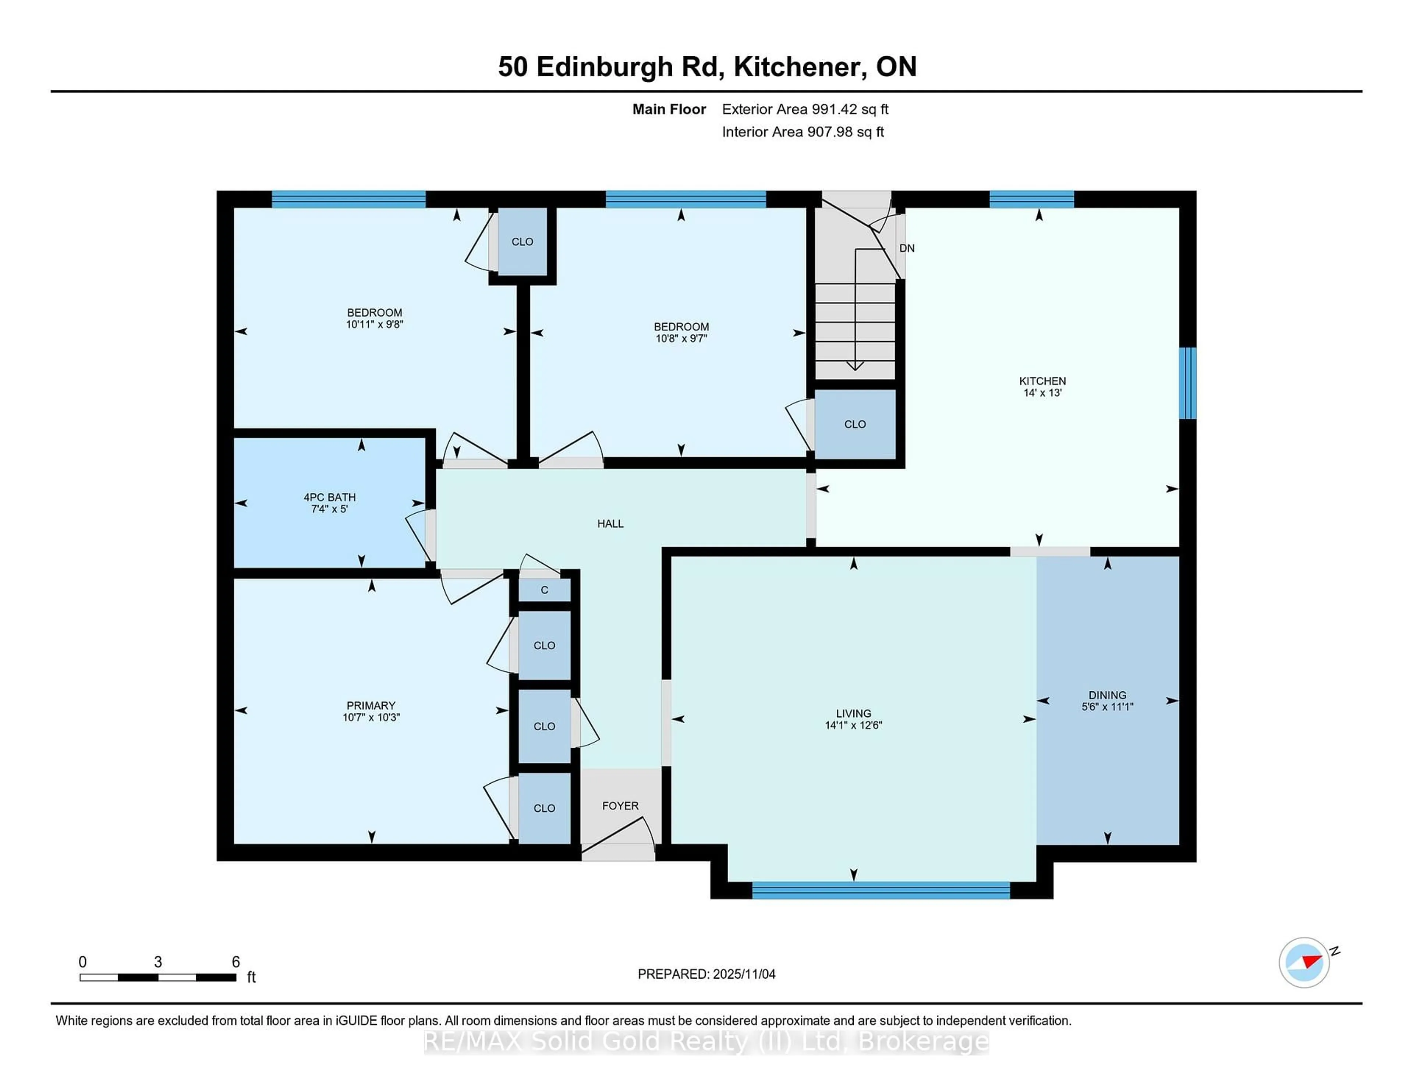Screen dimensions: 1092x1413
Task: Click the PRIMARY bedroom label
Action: pos(371,705)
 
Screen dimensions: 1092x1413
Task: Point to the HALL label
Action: pos(610,523)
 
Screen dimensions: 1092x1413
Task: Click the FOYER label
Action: pos(620,805)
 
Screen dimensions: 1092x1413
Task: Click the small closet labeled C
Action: pos(544,590)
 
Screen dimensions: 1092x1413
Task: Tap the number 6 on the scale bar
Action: pos(235,962)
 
